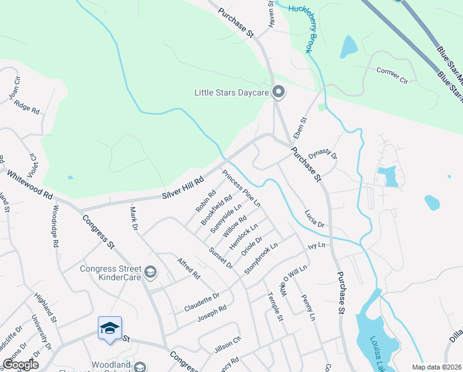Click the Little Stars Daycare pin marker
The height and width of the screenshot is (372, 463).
pos(279,93)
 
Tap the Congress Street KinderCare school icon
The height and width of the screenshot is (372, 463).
pos(149,272)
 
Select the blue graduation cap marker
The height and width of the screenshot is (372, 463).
pos(110,329)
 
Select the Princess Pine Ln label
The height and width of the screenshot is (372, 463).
pos(241,188)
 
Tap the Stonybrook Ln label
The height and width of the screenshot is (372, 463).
pos(261,259)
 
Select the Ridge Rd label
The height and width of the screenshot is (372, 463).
pos(27,107)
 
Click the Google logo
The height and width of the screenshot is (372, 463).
pos(20,365)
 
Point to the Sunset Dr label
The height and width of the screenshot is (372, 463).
pos(220,257)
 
